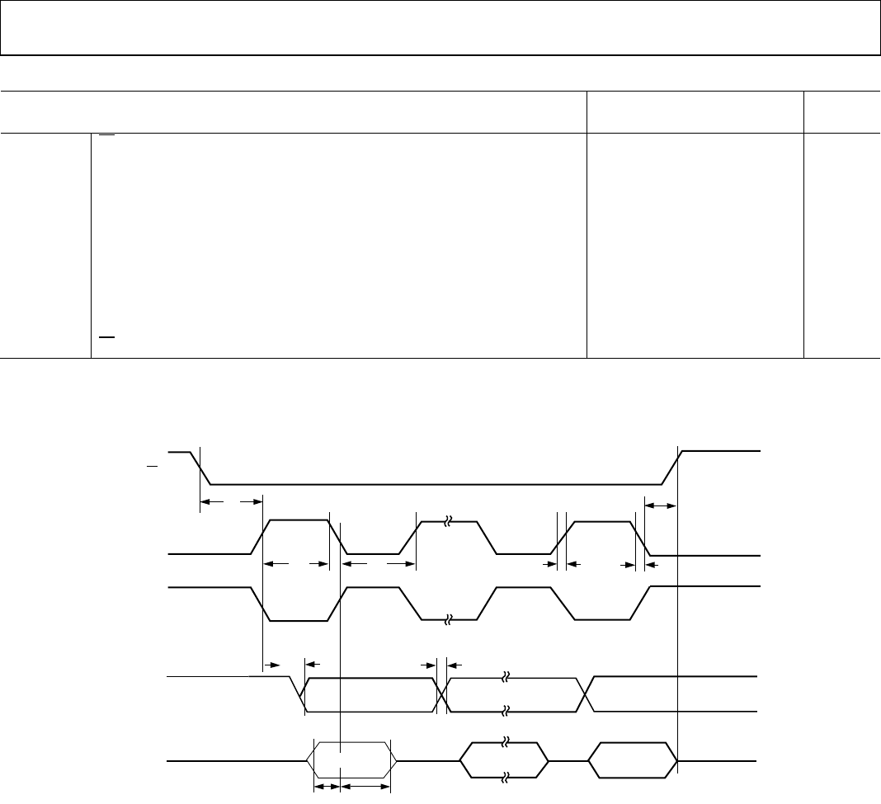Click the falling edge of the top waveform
[x=202, y=468]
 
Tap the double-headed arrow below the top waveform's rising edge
[x=660, y=505]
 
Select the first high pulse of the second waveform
[x=297, y=521]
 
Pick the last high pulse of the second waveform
[x=603, y=522]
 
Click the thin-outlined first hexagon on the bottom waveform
[x=351, y=759]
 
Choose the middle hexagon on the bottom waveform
[x=504, y=759]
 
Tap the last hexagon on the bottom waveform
[x=633, y=759]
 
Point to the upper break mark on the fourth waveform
[x=506, y=678]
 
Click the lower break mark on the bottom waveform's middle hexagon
[x=506, y=776]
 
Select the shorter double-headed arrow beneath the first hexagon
[x=327, y=788]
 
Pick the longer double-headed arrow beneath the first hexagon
[x=365, y=788]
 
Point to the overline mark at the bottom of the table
[x=104, y=338]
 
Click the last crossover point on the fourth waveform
[x=587, y=694]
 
